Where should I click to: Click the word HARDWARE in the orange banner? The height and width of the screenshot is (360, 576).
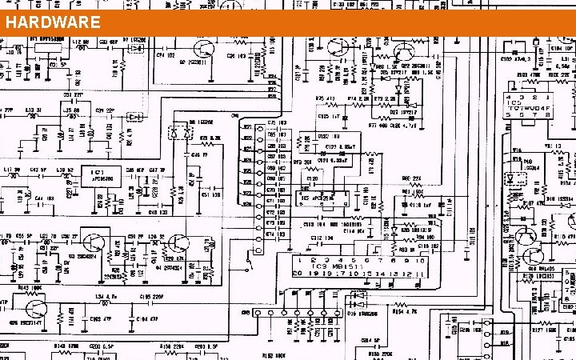pyautogui.click(x=53, y=22)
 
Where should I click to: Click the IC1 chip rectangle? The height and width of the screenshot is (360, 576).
pyautogui.click(x=97, y=175)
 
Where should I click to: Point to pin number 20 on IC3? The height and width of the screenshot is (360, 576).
pyautogui.click(x=297, y=274)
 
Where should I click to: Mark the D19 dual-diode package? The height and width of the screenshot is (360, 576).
pyautogui.click(x=355, y=302)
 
